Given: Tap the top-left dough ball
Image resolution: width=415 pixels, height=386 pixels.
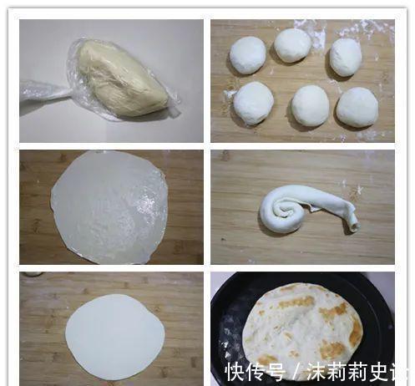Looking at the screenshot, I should (x=248, y=54).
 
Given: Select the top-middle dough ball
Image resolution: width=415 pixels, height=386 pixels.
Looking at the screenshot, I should (x=292, y=45).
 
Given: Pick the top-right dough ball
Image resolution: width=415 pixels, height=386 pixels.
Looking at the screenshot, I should (x=345, y=57).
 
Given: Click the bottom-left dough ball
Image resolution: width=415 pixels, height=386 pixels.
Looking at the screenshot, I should (x=253, y=103).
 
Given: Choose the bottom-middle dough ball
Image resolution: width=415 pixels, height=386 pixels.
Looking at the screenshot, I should (x=310, y=105).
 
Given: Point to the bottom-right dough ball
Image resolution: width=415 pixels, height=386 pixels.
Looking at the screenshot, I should (x=357, y=107).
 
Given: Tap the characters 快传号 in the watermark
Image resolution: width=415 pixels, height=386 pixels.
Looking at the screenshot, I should (x=255, y=371).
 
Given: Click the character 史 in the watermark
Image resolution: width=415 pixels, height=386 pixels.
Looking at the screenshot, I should (x=381, y=371).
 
